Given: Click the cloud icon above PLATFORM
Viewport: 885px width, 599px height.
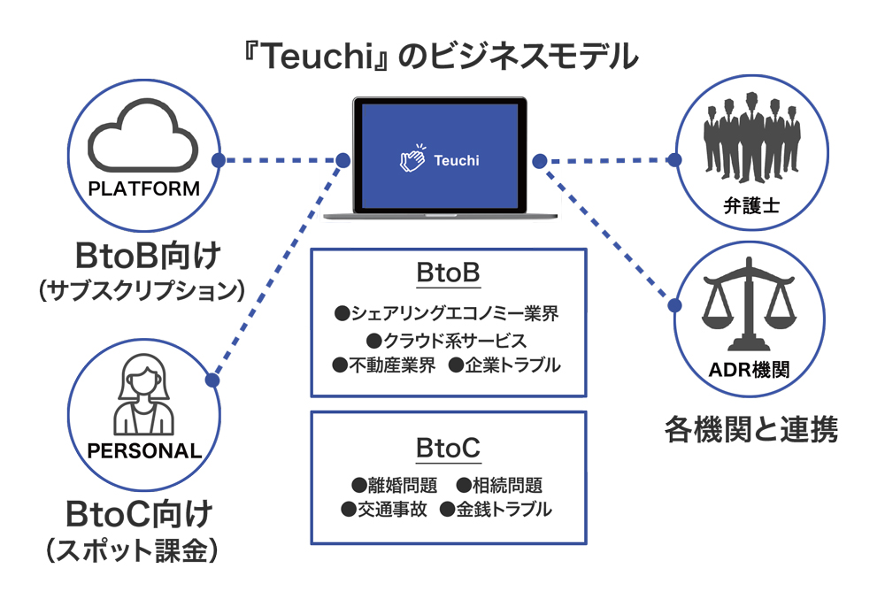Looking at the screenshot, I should coord(144,141).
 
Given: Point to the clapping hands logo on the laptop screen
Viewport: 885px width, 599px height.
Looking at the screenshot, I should coord(412,159).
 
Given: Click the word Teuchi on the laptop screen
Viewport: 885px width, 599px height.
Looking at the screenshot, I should coord(457,160).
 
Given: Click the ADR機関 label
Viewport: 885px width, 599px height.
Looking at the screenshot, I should coord(749,371).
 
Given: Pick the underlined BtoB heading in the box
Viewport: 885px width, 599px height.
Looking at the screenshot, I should coord(448,273).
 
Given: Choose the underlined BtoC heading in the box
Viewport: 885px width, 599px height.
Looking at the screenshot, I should coord(448,449).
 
